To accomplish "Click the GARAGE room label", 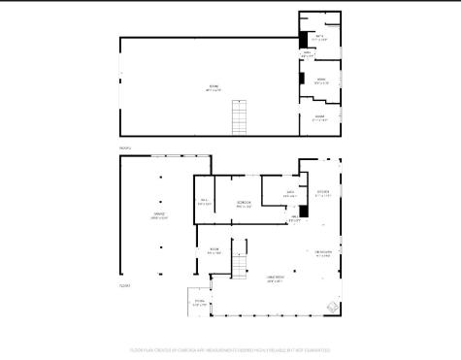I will [x=159, y=215].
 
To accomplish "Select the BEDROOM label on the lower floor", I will [x=245, y=204].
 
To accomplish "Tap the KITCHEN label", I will [x=322, y=193].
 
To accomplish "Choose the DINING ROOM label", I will [x=324, y=254].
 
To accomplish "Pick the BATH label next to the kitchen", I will [x=289, y=194].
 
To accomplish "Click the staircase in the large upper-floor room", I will [x=240, y=118].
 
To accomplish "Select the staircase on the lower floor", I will [x=239, y=258].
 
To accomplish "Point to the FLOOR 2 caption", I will [x=124, y=147].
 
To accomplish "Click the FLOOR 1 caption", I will [x=124, y=286].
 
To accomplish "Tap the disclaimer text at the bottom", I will [x=230, y=350].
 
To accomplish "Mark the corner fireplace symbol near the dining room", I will [x=334, y=308].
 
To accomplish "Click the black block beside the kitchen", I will [x=304, y=210].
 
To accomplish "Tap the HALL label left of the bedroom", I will [x=204, y=204].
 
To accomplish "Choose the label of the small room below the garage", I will [x=199, y=303].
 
